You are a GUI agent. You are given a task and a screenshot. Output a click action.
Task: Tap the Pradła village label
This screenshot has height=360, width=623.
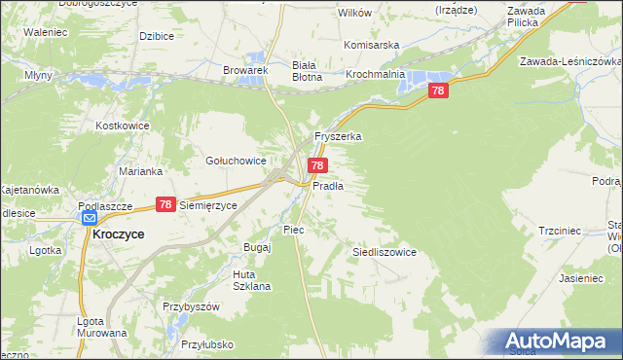pyautogui.click(x=328, y=185)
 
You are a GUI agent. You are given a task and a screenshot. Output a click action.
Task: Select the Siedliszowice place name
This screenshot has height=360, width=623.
pyautogui.click(x=384, y=252)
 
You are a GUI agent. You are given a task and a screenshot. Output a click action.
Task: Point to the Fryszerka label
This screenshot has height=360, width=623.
pyautogui.click(x=338, y=137)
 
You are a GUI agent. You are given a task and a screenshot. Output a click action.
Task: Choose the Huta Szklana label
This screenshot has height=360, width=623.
pyautogui.click(x=251, y=280)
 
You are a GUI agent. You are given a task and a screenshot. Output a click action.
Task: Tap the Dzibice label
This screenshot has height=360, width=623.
pyautogui.click(x=156, y=36)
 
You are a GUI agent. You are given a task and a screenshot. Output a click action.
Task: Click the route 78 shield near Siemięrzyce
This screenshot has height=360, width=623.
pyautogui.click(x=165, y=205)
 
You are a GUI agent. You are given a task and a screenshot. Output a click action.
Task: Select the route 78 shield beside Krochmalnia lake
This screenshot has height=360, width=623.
pyautogui.click(x=438, y=90)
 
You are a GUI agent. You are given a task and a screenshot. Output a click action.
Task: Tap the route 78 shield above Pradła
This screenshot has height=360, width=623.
pyautogui.click(x=317, y=166)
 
